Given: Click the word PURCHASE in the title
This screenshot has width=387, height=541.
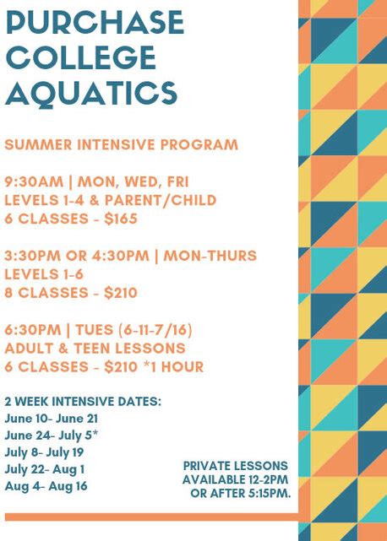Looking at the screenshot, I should pos(95,23).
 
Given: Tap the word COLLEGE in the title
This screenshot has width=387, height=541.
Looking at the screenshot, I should pos(81,57).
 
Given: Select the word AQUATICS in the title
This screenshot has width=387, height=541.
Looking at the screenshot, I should pos(91,92).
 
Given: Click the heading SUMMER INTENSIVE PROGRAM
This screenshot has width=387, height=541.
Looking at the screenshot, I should pos(121,144).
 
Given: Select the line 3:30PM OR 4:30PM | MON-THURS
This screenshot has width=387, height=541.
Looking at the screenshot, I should pos(130,256).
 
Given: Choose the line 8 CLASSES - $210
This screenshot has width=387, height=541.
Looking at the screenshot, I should pos(70,293).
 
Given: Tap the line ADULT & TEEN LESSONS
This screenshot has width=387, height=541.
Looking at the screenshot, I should pos(95,349).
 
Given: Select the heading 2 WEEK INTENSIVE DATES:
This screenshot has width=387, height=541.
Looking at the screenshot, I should pos(82,400).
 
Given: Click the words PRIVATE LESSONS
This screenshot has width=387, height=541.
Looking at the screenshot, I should pos(235,466).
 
